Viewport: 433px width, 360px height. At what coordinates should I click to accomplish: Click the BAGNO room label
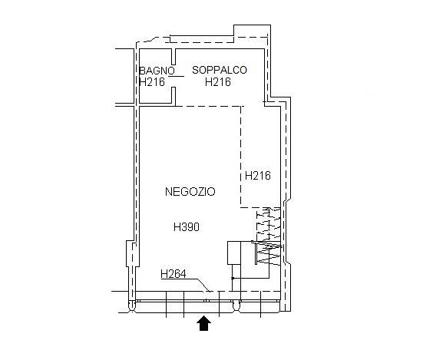point(157,71)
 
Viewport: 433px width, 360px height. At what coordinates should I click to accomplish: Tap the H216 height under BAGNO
point(152,82)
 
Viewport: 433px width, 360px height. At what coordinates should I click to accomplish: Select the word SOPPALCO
point(220,70)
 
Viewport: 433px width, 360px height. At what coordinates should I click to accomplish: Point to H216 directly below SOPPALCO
point(218,82)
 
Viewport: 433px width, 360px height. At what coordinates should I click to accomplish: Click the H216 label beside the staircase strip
point(258,176)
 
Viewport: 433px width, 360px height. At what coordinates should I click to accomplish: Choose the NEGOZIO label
point(190,192)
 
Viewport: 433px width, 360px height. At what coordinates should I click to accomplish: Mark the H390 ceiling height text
point(187,227)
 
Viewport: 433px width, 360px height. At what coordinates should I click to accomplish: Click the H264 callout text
point(174,274)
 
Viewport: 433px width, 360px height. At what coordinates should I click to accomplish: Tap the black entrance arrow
point(203,323)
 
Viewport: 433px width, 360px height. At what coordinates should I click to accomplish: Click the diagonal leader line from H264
point(203,286)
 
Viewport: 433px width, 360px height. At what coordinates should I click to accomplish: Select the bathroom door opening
point(174,76)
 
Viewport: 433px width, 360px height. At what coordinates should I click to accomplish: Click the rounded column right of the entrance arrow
point(236,306)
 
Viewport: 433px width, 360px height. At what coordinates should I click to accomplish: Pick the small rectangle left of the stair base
point(234,253)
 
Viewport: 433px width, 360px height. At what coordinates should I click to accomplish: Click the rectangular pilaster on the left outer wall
point(130,253)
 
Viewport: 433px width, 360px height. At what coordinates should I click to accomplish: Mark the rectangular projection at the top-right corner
point(252,31)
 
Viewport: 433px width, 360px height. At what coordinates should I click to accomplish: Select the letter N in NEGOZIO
point(169,192)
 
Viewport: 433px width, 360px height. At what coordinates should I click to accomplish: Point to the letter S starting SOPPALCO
point(196,70)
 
